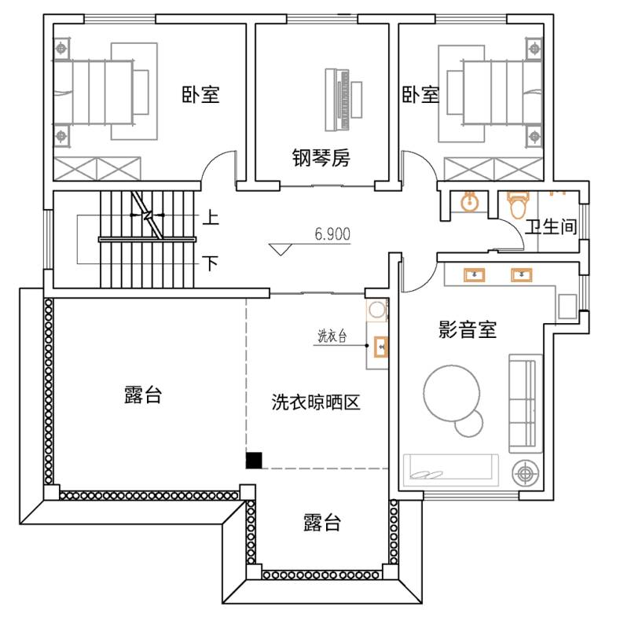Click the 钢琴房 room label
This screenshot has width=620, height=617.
pyautogui.click(x=321, y=158)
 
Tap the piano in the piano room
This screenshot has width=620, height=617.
pyautogui.click(x=343, y=100)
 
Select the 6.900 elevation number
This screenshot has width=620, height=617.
pyautogui.click(x=332, y=234)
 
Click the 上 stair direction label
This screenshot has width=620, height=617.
pyautogui.click(x=211, y=217)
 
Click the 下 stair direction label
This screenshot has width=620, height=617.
pyautogui.click(x=211, y=263)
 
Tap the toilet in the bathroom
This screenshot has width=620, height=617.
pyautogui.click(x=518, y=205)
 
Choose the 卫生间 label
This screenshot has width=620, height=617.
pyautogui.click(x=551, y=227)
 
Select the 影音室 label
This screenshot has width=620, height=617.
pyautogui.click(x=468, y=329)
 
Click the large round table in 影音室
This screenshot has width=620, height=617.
pyautogui.click(x=452, y=393)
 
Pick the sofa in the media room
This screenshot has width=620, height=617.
pyautogui.click(x=526, y=403)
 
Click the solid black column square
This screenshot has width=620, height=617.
pyautogui.click(x=254, y=461)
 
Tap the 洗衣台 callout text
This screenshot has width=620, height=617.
pyautogui.click(x=332, y=336)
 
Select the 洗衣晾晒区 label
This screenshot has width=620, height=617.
pyautogui.click(x=316, y=402)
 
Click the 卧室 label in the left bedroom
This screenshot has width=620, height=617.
pyautogui.click(x=200, y=94)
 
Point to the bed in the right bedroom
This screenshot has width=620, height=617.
pyautogui.click(x=501, y=92)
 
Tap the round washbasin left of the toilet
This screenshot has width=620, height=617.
pyautogui.click(x=470, y=202)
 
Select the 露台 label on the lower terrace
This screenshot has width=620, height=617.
pyautogui.click(x=322, y=522)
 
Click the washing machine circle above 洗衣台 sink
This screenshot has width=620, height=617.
pyautogui.click(x=377, y=310)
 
